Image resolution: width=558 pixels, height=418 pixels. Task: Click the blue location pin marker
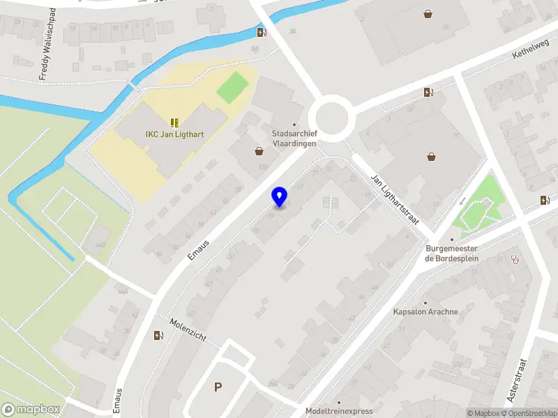coord(280,196)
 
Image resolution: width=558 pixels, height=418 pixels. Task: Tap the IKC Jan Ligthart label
coord(174,134)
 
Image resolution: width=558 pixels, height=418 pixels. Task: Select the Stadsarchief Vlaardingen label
coord(294,138)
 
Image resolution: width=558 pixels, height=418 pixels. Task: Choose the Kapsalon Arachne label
coord(425,311)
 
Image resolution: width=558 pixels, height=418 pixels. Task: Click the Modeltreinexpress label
coord(339,411)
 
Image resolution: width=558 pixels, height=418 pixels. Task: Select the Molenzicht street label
coord(188,327)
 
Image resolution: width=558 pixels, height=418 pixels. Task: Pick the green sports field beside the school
coord(232,86)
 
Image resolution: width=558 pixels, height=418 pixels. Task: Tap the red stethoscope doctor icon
coord(516,258)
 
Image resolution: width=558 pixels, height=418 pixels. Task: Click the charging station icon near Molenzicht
coord(158,335)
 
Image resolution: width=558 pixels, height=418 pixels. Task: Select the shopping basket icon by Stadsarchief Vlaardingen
coord(259,150)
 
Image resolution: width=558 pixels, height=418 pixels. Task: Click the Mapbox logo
coord(31,410)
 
